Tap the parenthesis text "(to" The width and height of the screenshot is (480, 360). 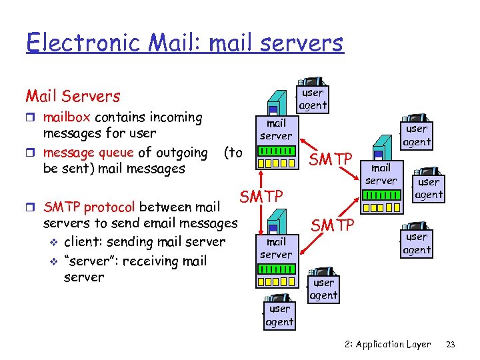pyautogui.click(x=233, y=153)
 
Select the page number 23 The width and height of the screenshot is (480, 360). pyautogui.click(x=450, y=345)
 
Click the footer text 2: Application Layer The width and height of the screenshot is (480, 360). pyautogui.click(x=388, y=345)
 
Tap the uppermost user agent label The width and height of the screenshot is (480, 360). pyautogui.click(x=313, y=99)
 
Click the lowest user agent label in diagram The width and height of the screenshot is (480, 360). pyautogui.click(x=279, y=315)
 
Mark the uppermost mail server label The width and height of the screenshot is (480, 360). pyautogui.click(x=276, y=129)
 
